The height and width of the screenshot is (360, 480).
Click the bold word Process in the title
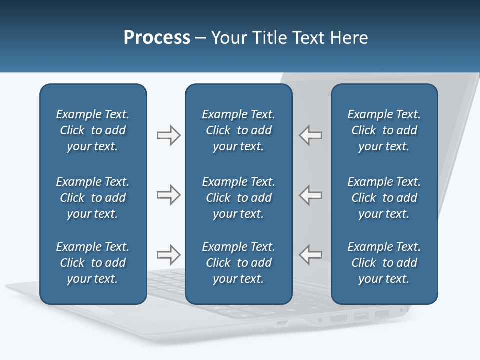click(x=157, y=38)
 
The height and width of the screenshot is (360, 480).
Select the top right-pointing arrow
click(x=168, y=135)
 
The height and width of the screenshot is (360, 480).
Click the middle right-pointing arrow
click(x=168, y=195)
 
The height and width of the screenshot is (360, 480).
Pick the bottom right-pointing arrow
click(x=168, y=255)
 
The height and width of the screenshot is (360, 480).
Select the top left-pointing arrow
click(x=311, y=135)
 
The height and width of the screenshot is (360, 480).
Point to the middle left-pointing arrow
click(x=311, y=195)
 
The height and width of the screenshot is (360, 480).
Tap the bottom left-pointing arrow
click(x=311, y=255)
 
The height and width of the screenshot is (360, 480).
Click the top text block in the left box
click(x=93, y=130)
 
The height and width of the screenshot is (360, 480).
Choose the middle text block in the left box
click(x=93, y=198)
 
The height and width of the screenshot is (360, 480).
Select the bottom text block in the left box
click(x=93, y=263)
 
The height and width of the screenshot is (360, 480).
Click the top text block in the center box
click(x=238, y=130)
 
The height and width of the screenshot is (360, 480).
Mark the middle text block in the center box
click(x=238, y=198)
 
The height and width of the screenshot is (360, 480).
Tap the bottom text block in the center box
click(x=238, y=263)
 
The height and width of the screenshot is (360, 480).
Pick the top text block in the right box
click(x=384, y=130)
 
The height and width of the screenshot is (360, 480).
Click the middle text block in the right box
click(x=384, y=198)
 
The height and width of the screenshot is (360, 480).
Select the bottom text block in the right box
click(x=384, y=263)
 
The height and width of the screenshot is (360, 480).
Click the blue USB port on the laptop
click(x=361, y=316)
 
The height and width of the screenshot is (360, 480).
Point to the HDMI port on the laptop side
click(x=339, y=318)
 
